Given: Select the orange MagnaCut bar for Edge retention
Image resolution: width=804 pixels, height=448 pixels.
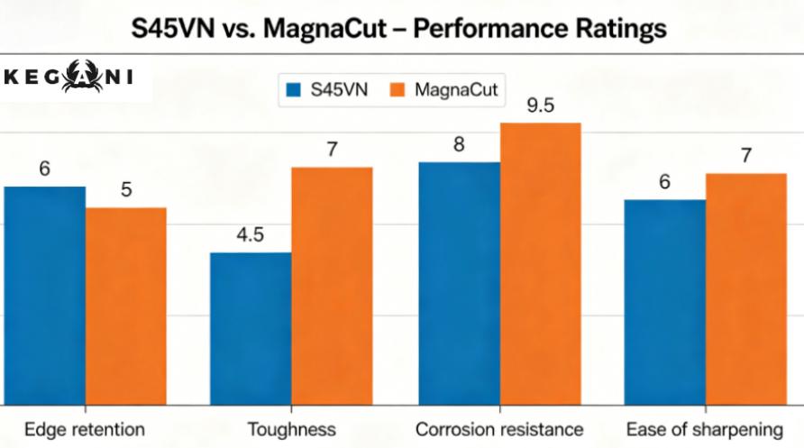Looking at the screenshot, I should tap(126, 306).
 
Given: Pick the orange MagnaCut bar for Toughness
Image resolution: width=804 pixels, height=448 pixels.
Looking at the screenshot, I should tap(332, 286).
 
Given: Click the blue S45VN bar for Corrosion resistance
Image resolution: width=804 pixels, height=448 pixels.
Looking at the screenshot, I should tap(459, 283).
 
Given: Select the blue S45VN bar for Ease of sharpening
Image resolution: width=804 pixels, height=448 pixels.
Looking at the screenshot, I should tap(664, 302).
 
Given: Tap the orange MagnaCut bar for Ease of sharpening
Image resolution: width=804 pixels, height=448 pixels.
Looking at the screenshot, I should tap(745, 288).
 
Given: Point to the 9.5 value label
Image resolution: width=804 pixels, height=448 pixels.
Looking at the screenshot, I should tap(541, 105).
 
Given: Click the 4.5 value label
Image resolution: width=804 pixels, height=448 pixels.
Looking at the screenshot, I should tap(250, 235).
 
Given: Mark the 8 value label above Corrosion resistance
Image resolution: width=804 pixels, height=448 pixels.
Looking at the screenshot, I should tap(459, 144).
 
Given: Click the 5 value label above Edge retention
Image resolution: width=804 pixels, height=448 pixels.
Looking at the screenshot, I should tap(126, 190).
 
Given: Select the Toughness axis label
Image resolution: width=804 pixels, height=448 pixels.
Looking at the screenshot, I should tap(292, 429).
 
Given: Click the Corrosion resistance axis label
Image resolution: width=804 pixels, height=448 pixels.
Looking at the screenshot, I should tap(499, 429).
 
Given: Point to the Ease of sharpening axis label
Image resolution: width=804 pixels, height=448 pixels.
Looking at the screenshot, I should tap(705, 429).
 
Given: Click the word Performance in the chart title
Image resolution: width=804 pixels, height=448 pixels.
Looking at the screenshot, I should tap(490, 28).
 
